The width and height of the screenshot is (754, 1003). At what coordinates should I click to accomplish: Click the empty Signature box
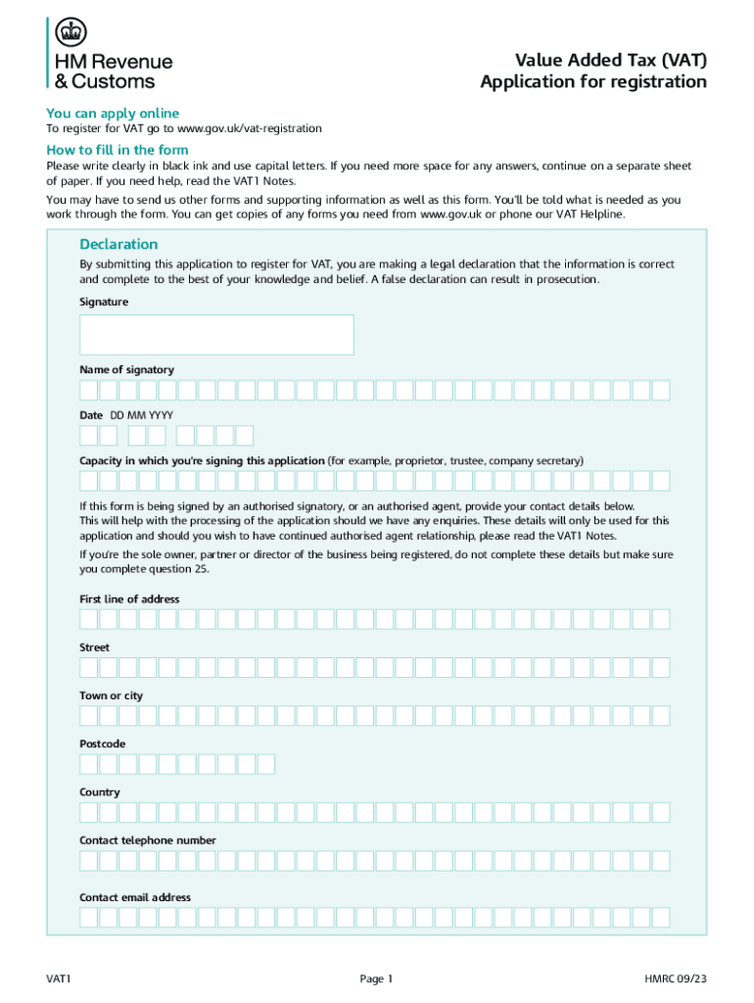click(x=216, y=334)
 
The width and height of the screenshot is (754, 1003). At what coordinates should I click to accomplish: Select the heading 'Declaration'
click(x=118, y=244)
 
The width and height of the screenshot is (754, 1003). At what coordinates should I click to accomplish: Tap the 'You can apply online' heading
click(x=113, y=113)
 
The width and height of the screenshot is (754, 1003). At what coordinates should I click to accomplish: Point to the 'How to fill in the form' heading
click(x=118, y=150)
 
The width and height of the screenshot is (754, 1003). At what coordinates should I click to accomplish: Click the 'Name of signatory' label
click(x=126, y=369)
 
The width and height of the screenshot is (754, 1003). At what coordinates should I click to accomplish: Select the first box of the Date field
click(x=89, y=436)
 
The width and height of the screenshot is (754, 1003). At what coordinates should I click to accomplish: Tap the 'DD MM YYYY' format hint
click(x=142, y=415)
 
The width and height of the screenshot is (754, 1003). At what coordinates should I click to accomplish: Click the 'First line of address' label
click(x=129, y=598)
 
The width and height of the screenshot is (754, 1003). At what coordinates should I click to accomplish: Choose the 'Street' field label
click(x=94, y=647)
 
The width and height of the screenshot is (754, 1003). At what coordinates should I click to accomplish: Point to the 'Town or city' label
click(x=111, y=695)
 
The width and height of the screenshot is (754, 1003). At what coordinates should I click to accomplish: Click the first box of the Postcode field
click(x=89, y=764)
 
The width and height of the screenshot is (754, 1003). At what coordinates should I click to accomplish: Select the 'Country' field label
click(x=100, y=792)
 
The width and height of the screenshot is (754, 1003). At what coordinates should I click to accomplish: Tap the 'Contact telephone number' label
click(x=148, y=840)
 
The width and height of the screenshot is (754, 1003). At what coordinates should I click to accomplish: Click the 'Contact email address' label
click(x=135, y=897)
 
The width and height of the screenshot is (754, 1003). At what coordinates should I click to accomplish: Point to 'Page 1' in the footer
click(x=376, y=979)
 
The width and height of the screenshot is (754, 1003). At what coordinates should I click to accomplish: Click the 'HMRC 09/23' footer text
click(x=675, y=979)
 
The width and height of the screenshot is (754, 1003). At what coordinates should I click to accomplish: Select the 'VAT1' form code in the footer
click(x=60, y=979)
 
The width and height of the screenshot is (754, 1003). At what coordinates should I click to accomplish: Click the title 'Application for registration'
click(x=592, y=82)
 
